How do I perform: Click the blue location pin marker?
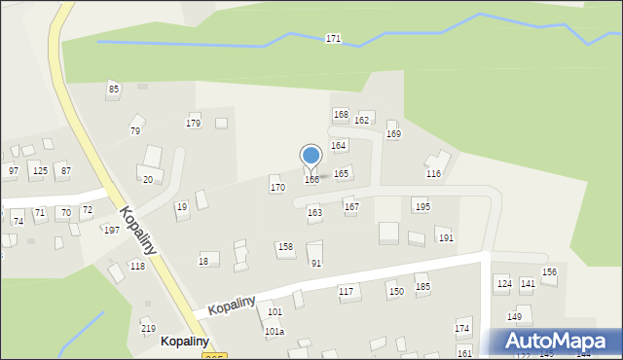pyautogui.click(x=311, y=157)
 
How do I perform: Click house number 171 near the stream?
pyautogui.click(x=333, y=39)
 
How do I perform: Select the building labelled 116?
pyautogui.click(x=433, y=173)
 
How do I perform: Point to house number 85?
pyautogui.click(x=114, y=90)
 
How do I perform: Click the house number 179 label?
pyautogui.click(x=194, y=123)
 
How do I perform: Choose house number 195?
pyautogui.click(x=421, y=206)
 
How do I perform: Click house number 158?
pyautogui.click(x=285, y=247)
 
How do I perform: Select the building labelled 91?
pyautogui.click(x=315, y=263)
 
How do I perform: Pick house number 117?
pyautogui.click(x=346, y=292)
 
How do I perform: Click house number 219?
pyautogui.click(x=148, y=329)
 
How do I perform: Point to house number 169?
pyautogui.click(x=393, y=134)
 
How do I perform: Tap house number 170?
pyautogui.click(x=277, y=187)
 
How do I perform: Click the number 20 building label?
pyautogui.click(x=148, y=179)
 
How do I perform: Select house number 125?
pyautogui.click(x=40, y=171)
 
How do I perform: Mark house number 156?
pyautogui.click(x=549, y=272)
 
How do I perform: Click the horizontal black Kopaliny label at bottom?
pyautogui.click(x=185, y=342)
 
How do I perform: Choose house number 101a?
pyautogui.click(x=275, y=332)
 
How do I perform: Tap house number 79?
pyautogui.click(x=135, y=131)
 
